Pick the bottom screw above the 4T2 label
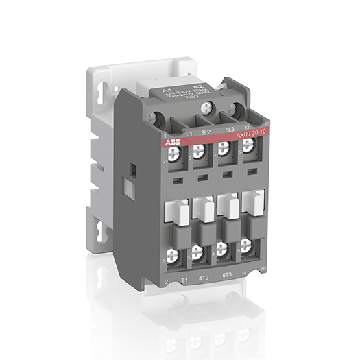tap(198, 254)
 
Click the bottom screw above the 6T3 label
tap(222, 250)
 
